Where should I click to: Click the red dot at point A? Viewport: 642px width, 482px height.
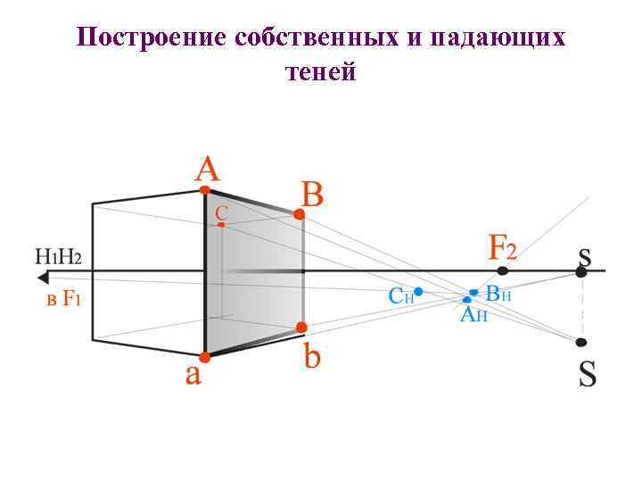[205, 189]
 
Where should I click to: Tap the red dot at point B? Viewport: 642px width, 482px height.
[300, 215]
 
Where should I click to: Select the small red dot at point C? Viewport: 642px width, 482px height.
[221, 225]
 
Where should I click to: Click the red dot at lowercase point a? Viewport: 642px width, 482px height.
[204, 357]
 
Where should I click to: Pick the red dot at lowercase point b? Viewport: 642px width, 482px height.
[302, 328]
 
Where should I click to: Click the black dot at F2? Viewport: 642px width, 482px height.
[504, 270]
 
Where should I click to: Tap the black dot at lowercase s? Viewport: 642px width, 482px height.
[581, 272]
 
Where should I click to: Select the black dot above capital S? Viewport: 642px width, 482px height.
[581, 342]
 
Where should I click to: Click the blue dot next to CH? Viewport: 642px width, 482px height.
[418, 291]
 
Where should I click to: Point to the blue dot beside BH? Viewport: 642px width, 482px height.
[473, 292]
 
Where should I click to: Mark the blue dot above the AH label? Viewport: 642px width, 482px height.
[467, 300]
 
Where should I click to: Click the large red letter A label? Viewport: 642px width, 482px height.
[208, 169]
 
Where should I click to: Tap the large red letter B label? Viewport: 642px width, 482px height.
[312, 194]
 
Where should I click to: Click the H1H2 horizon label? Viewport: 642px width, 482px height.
[58, 257]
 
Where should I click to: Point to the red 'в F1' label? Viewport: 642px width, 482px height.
[63, 299]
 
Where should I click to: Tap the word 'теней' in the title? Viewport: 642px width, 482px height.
[321, 71]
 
